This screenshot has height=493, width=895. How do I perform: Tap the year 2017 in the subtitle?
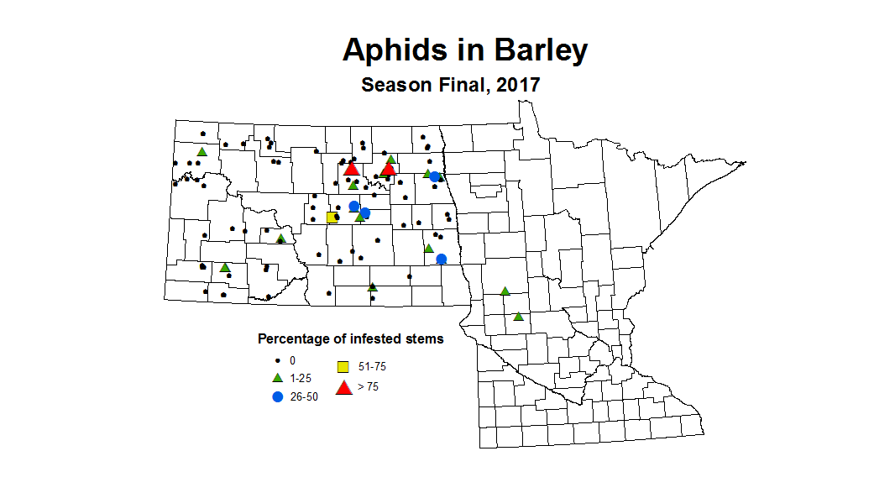pos(517,85)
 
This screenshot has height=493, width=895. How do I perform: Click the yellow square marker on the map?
pos(332,217)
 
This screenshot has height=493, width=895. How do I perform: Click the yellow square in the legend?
pos(343,367)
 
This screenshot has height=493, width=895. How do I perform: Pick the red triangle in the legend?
pos(343,387)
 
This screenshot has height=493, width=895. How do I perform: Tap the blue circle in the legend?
pos(278,396)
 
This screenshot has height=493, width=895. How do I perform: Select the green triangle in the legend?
pos(278,378)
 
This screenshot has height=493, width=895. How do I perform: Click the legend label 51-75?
pos(372,367)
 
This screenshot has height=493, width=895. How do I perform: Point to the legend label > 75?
pos(368,387)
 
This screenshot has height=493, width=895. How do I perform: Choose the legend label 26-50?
pos(304,397)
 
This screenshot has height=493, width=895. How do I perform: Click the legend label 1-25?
pos(300,379)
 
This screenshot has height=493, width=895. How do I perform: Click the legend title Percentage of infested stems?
pos(350,339)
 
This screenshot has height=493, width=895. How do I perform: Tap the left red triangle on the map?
pos(351,169)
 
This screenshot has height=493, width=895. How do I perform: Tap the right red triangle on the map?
pos(388,169)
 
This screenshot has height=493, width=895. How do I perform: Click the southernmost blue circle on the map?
pos(442,259)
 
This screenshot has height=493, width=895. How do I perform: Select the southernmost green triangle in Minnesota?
pos(518,317)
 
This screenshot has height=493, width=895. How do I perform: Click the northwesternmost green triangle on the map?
pos(202,151)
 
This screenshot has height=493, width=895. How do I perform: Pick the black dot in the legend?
pos(278,360)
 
